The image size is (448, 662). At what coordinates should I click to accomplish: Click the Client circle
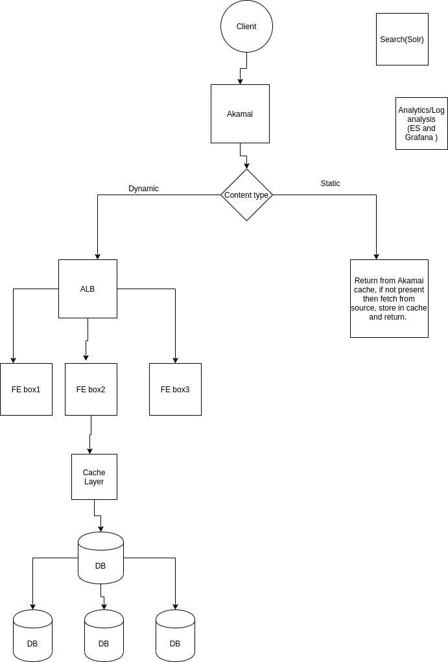pyautogui.click(x=246, y=27)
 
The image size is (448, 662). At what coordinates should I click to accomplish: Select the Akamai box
pyautogui.click(x=240, y=113)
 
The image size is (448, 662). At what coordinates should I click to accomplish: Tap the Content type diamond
pyautogui.click(x=246, y=195)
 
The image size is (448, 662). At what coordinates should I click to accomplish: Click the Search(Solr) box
pyautogui.click(x=402, y=39)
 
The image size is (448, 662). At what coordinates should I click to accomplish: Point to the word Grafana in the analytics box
pyautogui.click(x=419, y=137)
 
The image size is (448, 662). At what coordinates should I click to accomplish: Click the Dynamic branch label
pyautogui.click(x=143, y=189)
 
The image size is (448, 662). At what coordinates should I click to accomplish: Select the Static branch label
pyautogui.click(x=330, y=183)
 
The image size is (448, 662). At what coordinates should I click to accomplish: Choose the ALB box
pyautogui.click(x=88, y=289)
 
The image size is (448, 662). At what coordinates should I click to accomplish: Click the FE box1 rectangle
pyautogui.click(x=26, y=389)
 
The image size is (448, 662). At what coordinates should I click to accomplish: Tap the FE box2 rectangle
pyautogui.click(x=91, y=389)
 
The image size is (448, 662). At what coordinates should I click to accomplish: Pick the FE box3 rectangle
pyautogui.click(x=175, y=389)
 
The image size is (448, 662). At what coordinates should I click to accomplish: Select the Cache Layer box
pyautogui.click(x=94, y=477)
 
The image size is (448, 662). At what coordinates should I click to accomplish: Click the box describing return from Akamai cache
pyautogui.click(x=389, y=298)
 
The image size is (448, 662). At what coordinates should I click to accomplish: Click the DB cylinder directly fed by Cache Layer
pyautogui.click(x=100, y=559)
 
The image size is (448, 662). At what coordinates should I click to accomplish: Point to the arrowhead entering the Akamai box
pyautogui.click(x=240, y=81)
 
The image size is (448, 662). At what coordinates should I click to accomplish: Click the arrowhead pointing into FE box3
pyautogui.click(x=175, y=360)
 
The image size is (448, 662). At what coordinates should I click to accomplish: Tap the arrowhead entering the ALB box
pyautogui.click(x=97, y=256)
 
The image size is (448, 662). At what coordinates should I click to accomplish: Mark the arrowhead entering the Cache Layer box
pyautogui.click(x=89, y=451)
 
